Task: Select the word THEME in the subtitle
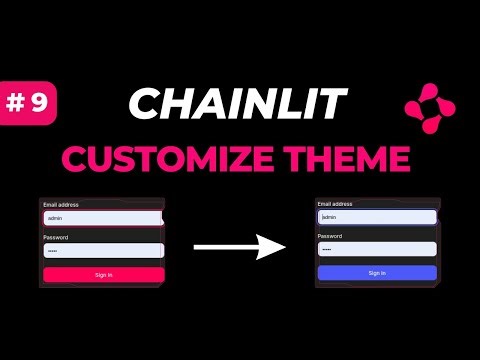(x=353, y=158)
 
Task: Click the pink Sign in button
(x=103, y=274)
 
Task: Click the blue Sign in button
(x=377, y=272)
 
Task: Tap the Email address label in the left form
(x=61, y=205)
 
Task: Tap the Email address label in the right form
(x=335, y=204)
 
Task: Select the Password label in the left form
(x=55, y=237)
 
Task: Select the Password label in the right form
(x=329, y=236)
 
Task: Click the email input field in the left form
(x=103, y=218)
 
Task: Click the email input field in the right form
(x=377, y=216)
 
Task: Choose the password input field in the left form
(x=103, y=251)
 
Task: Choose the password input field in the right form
(x=377, y=249)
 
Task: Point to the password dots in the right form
(x=326, y=249)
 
